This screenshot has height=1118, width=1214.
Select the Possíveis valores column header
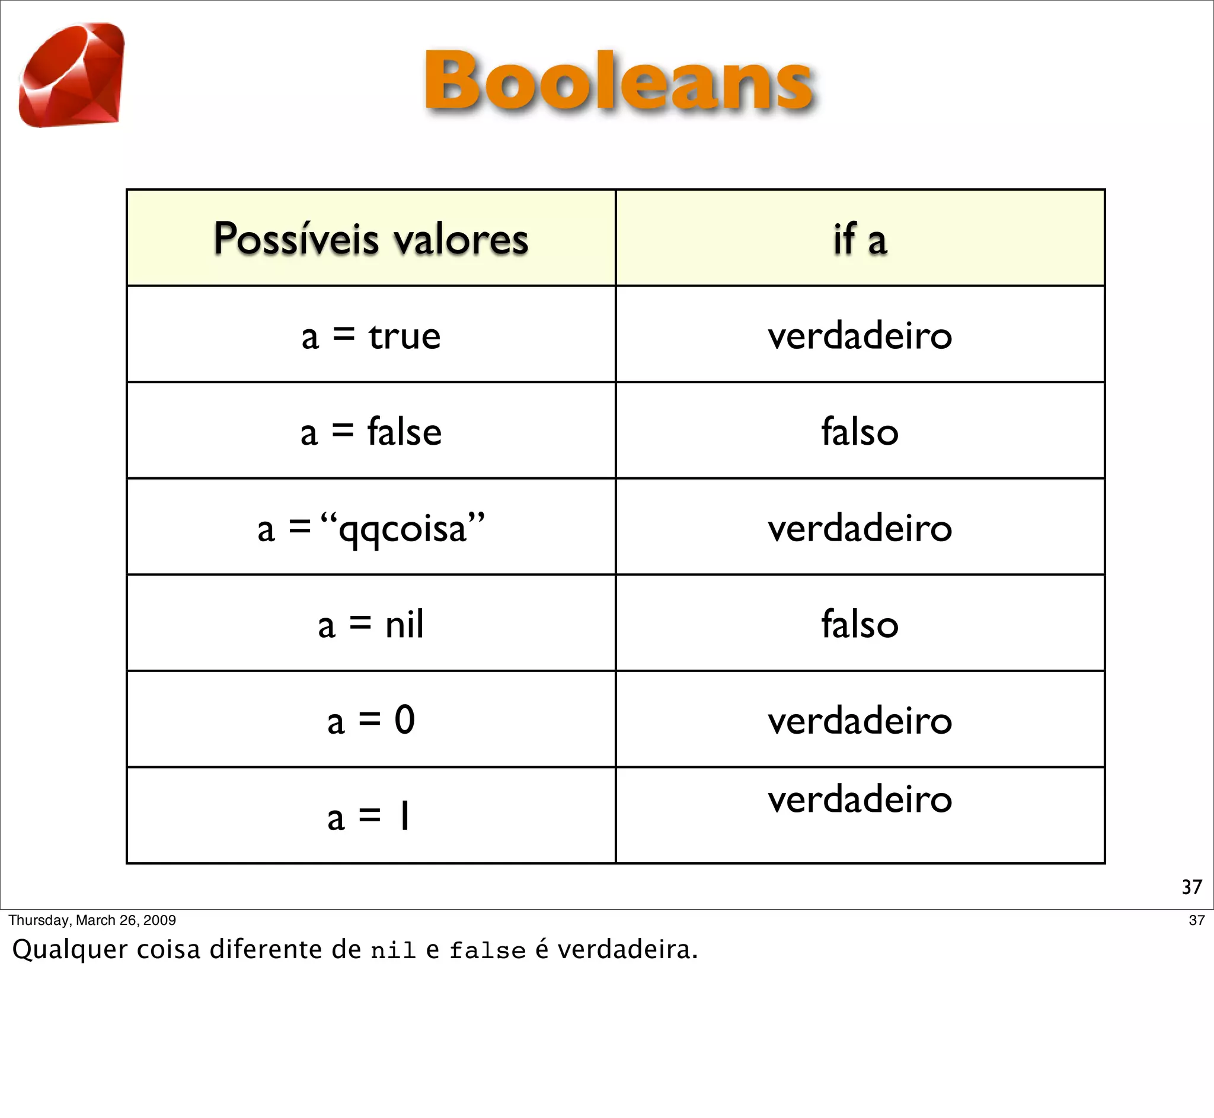[x=370, y=239]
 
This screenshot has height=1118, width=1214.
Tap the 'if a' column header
[x=860, y=239]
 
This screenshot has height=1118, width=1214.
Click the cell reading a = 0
[x=370, y=721]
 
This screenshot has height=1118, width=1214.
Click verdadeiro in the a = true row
[x=860, y=336]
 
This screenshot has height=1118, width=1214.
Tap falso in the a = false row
[x=860, y=432]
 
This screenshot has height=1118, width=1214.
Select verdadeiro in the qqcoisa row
[x=860, y=528]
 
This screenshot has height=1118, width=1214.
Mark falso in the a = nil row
[x=860, y=624]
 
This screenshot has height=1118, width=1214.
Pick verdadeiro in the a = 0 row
[x=860, y=721]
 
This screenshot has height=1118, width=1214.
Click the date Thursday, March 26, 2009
[x=92, y=920]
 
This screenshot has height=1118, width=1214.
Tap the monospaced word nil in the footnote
[x=393, y=950]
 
